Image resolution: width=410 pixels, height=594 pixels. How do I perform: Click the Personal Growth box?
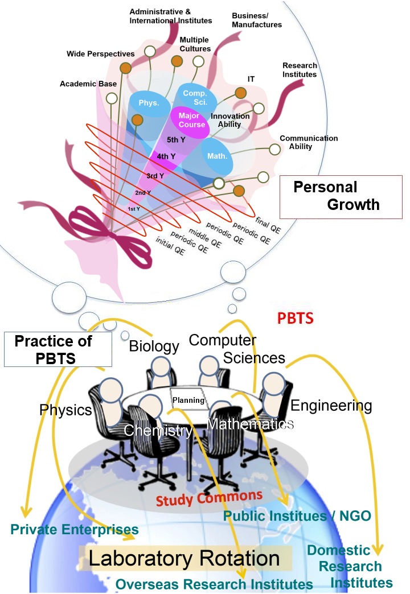click(x=341, y=196)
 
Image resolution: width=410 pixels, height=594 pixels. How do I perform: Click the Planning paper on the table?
click(x=188, y=400)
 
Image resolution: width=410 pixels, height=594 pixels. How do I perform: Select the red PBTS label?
click(x=295, y=317)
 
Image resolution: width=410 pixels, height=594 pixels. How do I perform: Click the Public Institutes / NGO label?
click(x=297, y=515)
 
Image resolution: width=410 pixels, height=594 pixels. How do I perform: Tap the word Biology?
click(x=154, y=345)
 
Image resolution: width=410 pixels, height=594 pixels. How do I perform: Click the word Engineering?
click(x=331, y=406)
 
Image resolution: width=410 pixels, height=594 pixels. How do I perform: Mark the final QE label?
click(x=268, y=223)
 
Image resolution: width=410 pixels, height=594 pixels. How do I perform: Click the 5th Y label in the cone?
click(x=176, y=139)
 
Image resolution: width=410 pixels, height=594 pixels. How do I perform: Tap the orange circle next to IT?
click(x=240, y=93)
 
